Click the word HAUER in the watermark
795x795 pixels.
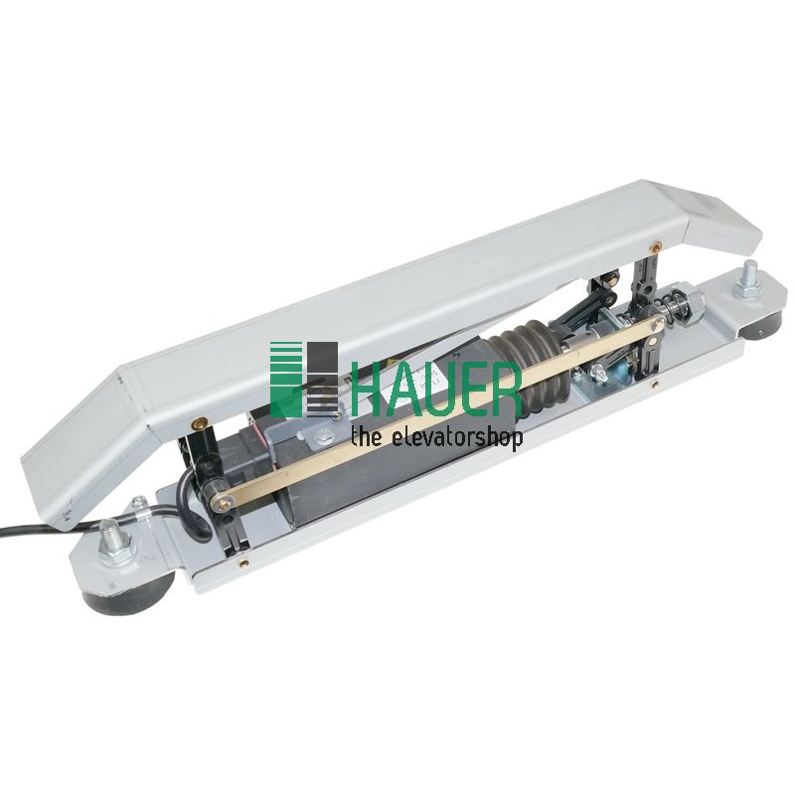click(436, 387)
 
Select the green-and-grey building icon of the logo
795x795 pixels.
click(304, 380)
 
